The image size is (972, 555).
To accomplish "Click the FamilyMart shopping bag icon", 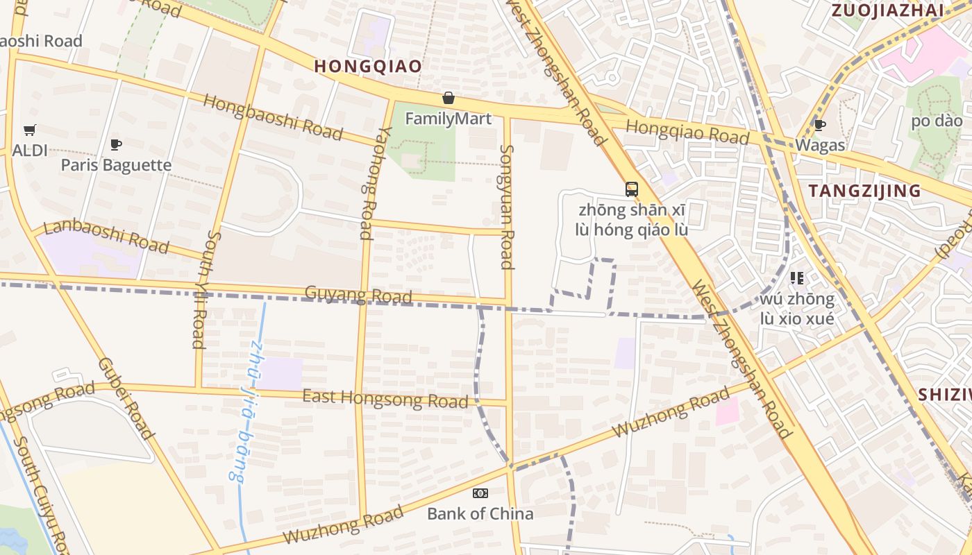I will (x=449, y=99).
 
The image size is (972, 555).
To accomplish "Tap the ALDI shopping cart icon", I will (x=29, y=130).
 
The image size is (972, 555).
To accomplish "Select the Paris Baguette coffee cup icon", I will (x=116, y=145).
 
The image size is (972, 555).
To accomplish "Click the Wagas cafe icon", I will (x=819, y=126).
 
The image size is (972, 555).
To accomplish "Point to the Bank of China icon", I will (x=480, y=493).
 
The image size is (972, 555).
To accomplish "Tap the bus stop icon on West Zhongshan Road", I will (x=631, y=189).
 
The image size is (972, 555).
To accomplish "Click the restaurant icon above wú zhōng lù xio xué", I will (x=796, y=278).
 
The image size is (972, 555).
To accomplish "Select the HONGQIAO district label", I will (x=368, y=66).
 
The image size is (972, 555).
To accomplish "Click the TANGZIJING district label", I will (x=864, y=191).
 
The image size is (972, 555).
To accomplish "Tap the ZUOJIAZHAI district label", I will (x=887, y=10).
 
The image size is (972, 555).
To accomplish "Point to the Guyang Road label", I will (x=359, y=296).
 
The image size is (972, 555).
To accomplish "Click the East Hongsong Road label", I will (x=385, y=400).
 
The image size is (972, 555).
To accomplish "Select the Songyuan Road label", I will (x=507, y=207).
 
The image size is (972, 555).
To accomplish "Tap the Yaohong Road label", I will (x=367, y=182).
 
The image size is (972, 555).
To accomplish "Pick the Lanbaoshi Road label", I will (x=106, y=237).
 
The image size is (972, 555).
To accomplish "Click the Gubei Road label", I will (x=125, y=398).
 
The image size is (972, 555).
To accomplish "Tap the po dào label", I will (x=937, y=121).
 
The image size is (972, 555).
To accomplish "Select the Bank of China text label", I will (x=480, y=514).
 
